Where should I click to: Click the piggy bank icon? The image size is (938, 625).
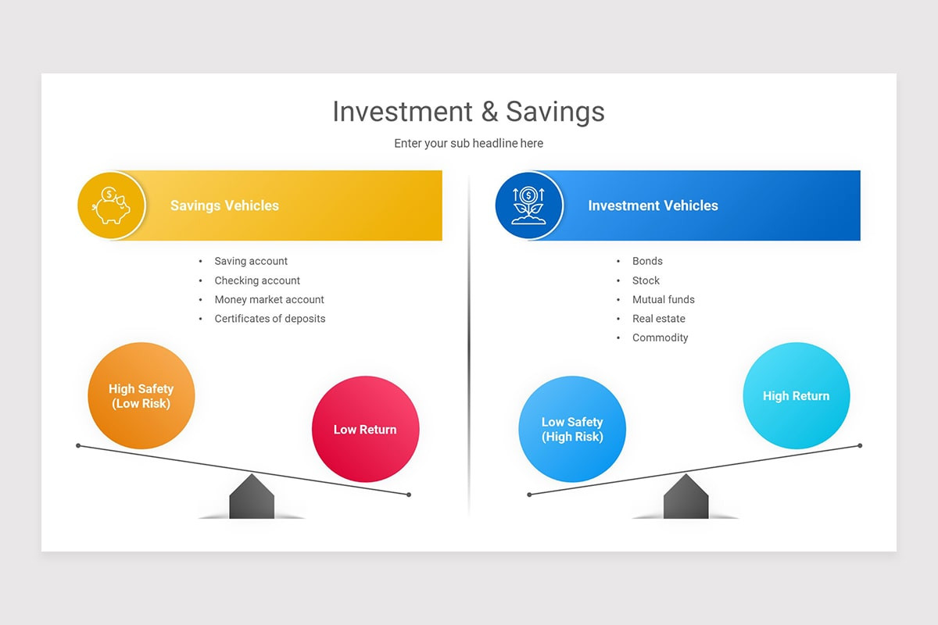pyautogui.click(x=111, y=205)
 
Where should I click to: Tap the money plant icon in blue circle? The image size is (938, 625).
pyautogui.click(x=528, y=205)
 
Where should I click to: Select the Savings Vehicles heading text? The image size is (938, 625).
pyautogui.click(x=224, y=205)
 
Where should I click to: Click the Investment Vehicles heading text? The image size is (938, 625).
pyautogui.click(x=653, y=205)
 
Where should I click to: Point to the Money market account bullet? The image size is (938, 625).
pyautogui.click(x=269, y=299)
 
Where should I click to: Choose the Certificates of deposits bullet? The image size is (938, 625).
pyautogui.click(x=270, y=319)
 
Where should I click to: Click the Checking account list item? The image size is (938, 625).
pyautogui.click(x=257, y=280)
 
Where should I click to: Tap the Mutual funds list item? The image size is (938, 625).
pyautogui.click(x=663, y=299)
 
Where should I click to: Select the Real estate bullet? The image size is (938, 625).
pyautogui.click(x=658, y=319)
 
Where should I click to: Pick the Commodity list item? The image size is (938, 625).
pyautogui.click(x=660, y=337)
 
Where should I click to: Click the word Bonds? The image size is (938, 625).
pyautogui.click(x=647, y=261)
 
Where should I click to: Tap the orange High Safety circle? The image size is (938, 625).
pyautogui.click(x=141, y=396)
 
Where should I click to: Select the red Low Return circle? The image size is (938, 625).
pyautogui.click(x=365, y=429)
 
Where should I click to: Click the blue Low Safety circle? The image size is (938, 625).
pyautogui.click(x=572, y=429)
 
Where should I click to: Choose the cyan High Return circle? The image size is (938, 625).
pyautogui.click(x=796, y=396)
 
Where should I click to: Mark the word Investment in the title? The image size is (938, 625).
pyautogui.click(x=402, y=112)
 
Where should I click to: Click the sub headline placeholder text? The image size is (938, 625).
pyautogui.click(x=468, y=144)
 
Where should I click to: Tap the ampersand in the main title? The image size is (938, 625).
pyautogui.click(x=489, y=112)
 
